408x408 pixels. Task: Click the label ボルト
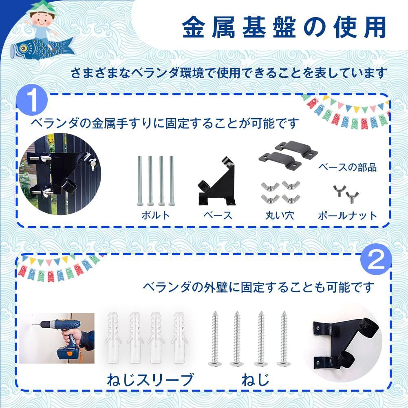155,215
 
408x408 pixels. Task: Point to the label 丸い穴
279,215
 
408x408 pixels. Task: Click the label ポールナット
347,215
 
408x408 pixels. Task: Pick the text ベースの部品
347,168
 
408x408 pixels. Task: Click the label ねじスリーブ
150,379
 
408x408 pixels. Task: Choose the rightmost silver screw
283,338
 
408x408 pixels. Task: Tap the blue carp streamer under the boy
41,45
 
